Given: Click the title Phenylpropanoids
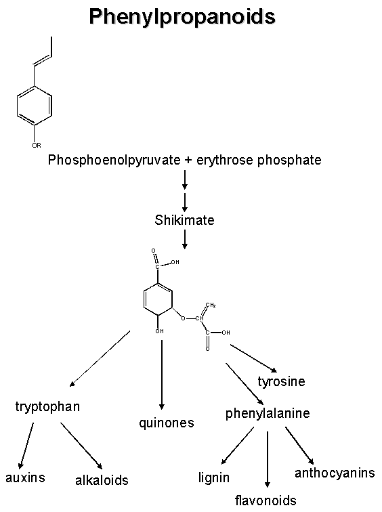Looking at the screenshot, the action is (182, 17).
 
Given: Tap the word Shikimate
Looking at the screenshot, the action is (184, 220).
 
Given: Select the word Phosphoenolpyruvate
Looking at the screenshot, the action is (114, 161).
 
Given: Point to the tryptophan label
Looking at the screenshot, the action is (47, 407).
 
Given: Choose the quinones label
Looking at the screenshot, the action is (167, 423).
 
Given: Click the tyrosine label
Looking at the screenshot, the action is (281, 382).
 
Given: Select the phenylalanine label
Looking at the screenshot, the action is (268, 414).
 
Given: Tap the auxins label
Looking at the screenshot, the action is (25, 477).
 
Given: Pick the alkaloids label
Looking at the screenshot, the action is (102, 480).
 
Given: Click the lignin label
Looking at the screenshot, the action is (214, 478).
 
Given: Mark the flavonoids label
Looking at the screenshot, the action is (266, 500).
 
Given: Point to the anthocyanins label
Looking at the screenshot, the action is (335, 473).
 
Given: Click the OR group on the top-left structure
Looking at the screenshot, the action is (37, 146).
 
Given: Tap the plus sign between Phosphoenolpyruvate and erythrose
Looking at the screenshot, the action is (189, 161).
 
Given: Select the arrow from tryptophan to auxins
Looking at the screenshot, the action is (26, 446).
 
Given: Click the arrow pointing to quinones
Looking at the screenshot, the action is (162, 375).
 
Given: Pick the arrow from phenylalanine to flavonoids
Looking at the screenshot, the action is (268, 459).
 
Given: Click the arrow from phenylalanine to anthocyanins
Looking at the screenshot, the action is (299, 446).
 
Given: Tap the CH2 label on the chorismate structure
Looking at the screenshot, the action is (211, 305).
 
